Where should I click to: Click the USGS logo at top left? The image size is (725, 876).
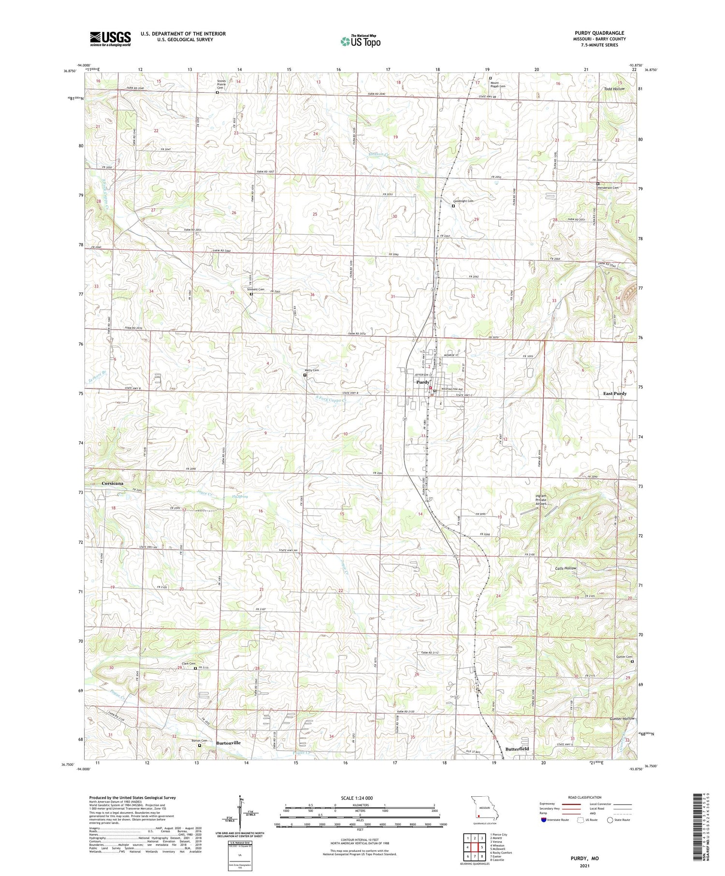(x=110, y=39)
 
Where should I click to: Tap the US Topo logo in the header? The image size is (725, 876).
(x=361, y=42)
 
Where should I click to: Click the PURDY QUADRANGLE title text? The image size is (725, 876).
(x=599, y=33)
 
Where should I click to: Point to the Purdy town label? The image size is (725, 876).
(x=422, y=382)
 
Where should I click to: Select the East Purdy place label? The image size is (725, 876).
(x=614, y=394)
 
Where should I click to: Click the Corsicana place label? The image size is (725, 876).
(x=112, y=483)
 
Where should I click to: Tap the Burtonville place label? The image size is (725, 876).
(x=228, y=743)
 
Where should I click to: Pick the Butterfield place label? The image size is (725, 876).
(x=517, y=749)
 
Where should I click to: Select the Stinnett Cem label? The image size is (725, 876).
(x=256, y=289)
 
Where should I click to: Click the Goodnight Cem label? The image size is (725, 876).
(x=463, y=201)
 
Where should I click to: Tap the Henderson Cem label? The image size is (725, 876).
(x=609, y=188)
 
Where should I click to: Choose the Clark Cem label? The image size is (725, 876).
(x=188, y=663)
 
